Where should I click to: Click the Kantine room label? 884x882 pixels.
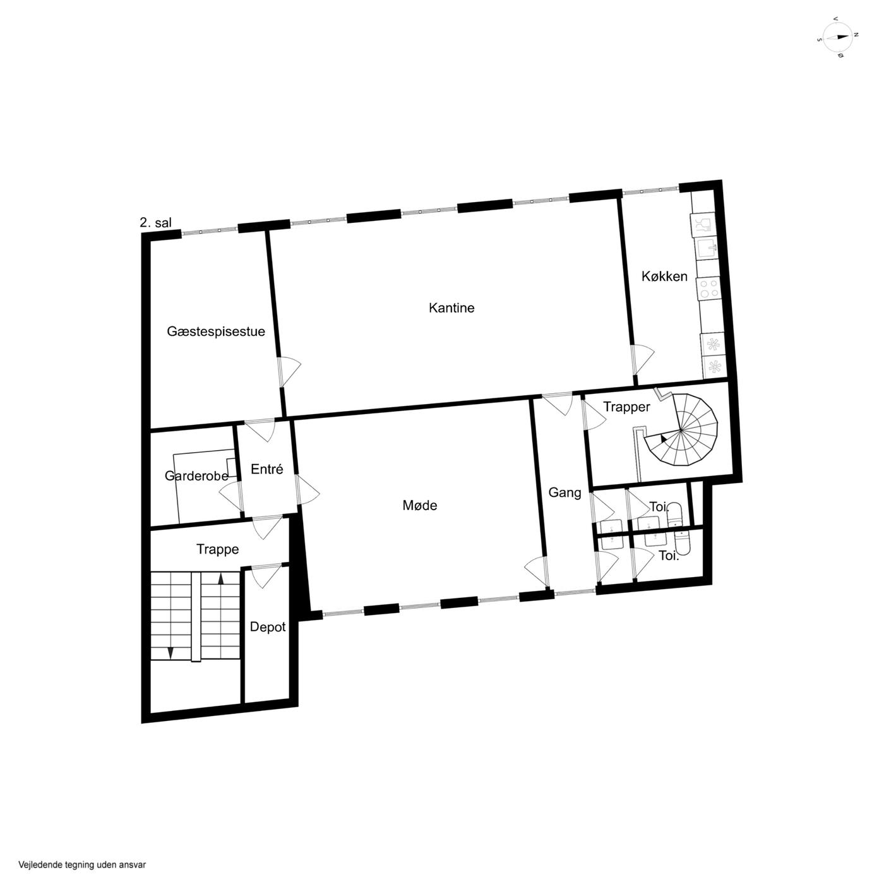coord(451,307)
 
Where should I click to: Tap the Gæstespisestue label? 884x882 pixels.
coord(215,332)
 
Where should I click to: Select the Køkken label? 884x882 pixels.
coord(664,277)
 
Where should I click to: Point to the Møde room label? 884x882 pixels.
coord(420,505)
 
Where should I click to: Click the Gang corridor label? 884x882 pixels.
coord(564,493)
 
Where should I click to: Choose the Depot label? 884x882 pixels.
coord(268,627)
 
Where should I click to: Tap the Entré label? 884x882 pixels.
coord(267,469)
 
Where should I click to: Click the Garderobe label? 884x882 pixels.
coord(196,476)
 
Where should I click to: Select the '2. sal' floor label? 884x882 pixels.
coord(155,223)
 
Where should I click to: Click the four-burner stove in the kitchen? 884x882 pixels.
coord(708,289)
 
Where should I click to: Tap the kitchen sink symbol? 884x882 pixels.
coord(707,248)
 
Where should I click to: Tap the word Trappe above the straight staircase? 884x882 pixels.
coord(217,549)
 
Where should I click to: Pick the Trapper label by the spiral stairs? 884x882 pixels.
coord(626,407)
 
